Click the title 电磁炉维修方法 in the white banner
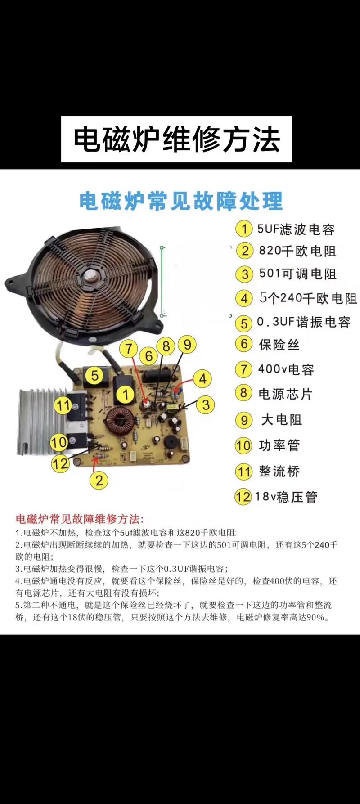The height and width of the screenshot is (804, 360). coord(176,139)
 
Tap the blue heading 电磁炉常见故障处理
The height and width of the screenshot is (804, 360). coord(181,201)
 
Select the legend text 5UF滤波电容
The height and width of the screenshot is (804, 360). coord(296,229)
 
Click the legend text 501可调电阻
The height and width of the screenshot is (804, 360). coord(297,274)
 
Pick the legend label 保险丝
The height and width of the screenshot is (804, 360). coord(279,345)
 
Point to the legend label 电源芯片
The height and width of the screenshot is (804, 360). coord(285,394)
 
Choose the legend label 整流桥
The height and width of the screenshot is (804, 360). coord(279,472)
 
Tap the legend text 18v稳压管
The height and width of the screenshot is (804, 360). coord(286,497)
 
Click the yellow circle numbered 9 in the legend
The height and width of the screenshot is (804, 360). coord(243,420)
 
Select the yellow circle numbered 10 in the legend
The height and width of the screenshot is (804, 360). coord(243,446)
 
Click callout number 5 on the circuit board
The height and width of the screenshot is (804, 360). coord(94,375)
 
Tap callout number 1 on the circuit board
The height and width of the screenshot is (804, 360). coord(126,395)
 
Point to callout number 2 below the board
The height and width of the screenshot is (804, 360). coord(99,481)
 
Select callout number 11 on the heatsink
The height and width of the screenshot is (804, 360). coord(63,405)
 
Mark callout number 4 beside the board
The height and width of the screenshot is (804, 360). coord(202,379)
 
